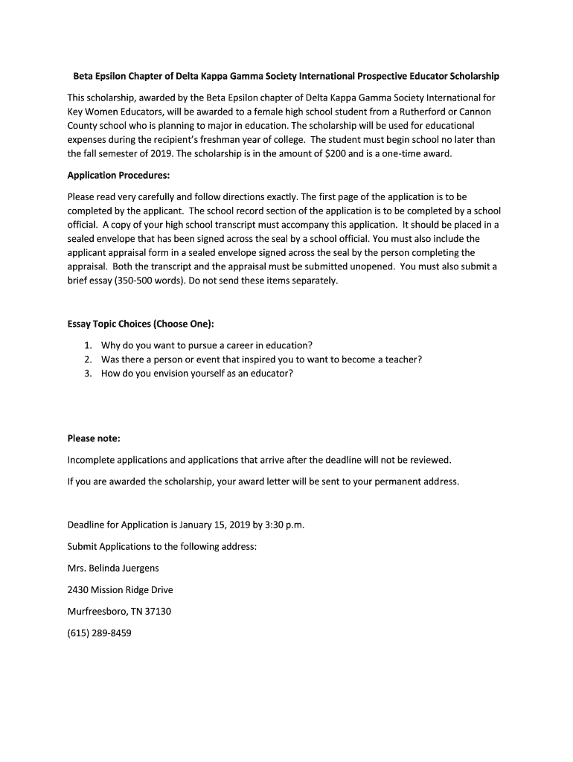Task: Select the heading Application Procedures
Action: pyautogui.click(x=119, y=176)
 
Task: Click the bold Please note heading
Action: pyautogui.click(x=94, y=438)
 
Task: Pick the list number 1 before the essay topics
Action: pyautogui.click(x=88, y=345)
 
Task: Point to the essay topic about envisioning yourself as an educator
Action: pyautogui.click(x=197, y=374)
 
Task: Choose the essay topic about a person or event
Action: pyautogui.click(x=261, y=359)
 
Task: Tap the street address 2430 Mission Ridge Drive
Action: pyautogui.click(x=120, y=590)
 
